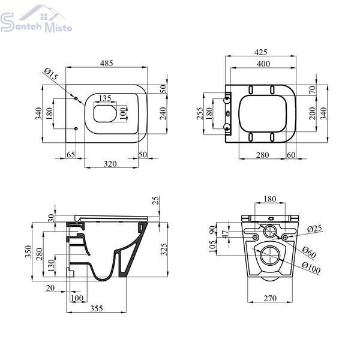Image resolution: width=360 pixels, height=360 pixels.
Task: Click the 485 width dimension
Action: [x=107, y=63]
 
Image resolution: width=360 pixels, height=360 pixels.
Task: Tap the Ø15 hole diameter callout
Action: [x=51, y=74]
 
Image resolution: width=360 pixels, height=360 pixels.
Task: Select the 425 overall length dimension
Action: [x=261, y=52]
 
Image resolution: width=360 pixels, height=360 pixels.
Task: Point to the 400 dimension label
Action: [x=263, y=64]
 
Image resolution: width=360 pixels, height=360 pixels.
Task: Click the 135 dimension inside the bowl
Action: [x=105, y=98]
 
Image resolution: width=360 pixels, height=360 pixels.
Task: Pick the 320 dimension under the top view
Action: [x=110, y=164]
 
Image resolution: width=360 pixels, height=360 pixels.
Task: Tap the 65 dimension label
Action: [x=71, y=155]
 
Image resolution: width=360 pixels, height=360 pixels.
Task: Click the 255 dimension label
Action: [x=200, y=113]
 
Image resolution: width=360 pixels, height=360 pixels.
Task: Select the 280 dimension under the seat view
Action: [x=262, y=155]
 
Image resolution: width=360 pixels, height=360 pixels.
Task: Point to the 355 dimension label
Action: [x=97, y=308]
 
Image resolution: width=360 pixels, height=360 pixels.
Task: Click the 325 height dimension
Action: [x=164, y=250]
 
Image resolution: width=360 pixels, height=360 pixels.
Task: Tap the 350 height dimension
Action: [x=28, y=251]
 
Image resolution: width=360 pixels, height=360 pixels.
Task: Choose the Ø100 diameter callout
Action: [x=311, y=268]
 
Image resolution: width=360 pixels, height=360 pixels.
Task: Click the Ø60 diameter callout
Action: [x=309, y=252]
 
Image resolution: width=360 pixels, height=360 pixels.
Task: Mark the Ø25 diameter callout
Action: [x=315, y=229]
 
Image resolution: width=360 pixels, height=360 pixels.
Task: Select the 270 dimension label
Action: [x=270, y=298]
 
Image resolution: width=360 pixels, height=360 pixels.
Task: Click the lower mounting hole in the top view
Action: [x=76, y=129]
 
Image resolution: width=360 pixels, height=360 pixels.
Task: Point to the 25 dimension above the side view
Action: [x=155, y=200]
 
